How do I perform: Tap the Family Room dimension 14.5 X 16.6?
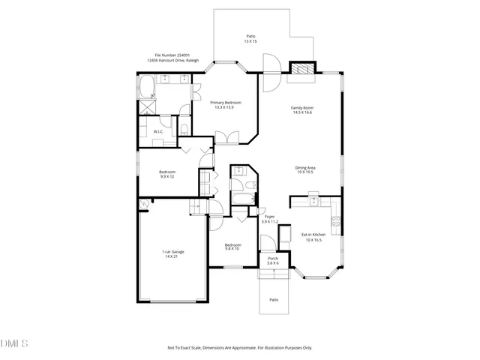[302, 113]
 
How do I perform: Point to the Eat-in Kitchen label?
[312, 234]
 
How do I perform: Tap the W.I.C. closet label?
[158, 132]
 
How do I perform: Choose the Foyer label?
[268, 217]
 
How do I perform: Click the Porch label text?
[273, 259]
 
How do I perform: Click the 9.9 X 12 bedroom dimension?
[166, 176]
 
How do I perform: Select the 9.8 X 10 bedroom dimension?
[232, 248]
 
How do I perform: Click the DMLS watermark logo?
[14, 344]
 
